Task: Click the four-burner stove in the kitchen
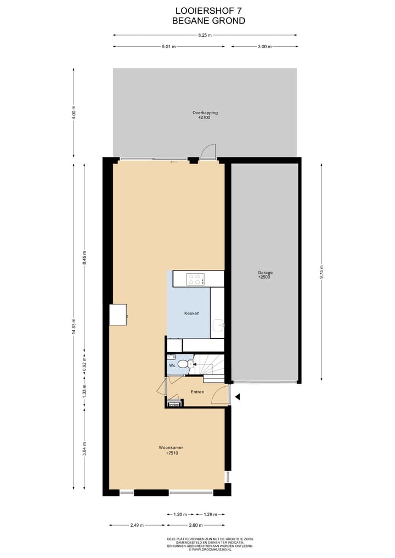point(195,279)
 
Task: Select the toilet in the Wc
point(189,363)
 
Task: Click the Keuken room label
point(191,313)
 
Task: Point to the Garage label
point(265,275)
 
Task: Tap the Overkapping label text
point(204,115)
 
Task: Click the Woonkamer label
point(171,450)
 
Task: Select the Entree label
point(198,392)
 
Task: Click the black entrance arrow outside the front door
point(238,396)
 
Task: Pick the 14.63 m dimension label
point(74,327)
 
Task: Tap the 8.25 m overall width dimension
point(205,35)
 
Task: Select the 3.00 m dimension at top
point(264,47)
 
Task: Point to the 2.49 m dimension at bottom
point(137,525)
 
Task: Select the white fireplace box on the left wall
point(118,314)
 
